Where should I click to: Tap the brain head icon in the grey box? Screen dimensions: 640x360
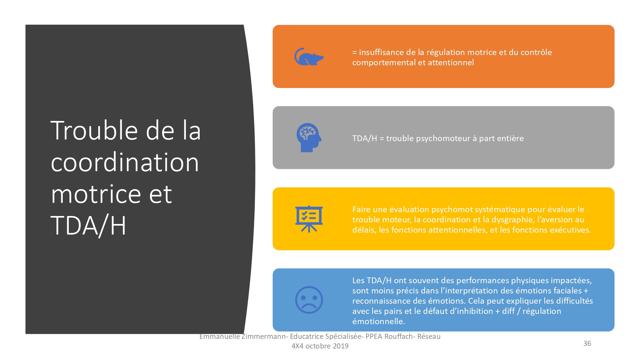point(309,138)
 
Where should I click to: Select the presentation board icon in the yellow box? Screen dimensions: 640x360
point(309,219)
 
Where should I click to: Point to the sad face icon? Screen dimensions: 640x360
point(309,300)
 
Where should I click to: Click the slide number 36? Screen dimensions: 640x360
point(587,343)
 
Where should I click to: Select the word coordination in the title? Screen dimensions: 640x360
point(125,162)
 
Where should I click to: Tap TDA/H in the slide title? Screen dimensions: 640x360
point(88,226)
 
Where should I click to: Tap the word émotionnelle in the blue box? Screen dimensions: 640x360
point(379,321)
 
